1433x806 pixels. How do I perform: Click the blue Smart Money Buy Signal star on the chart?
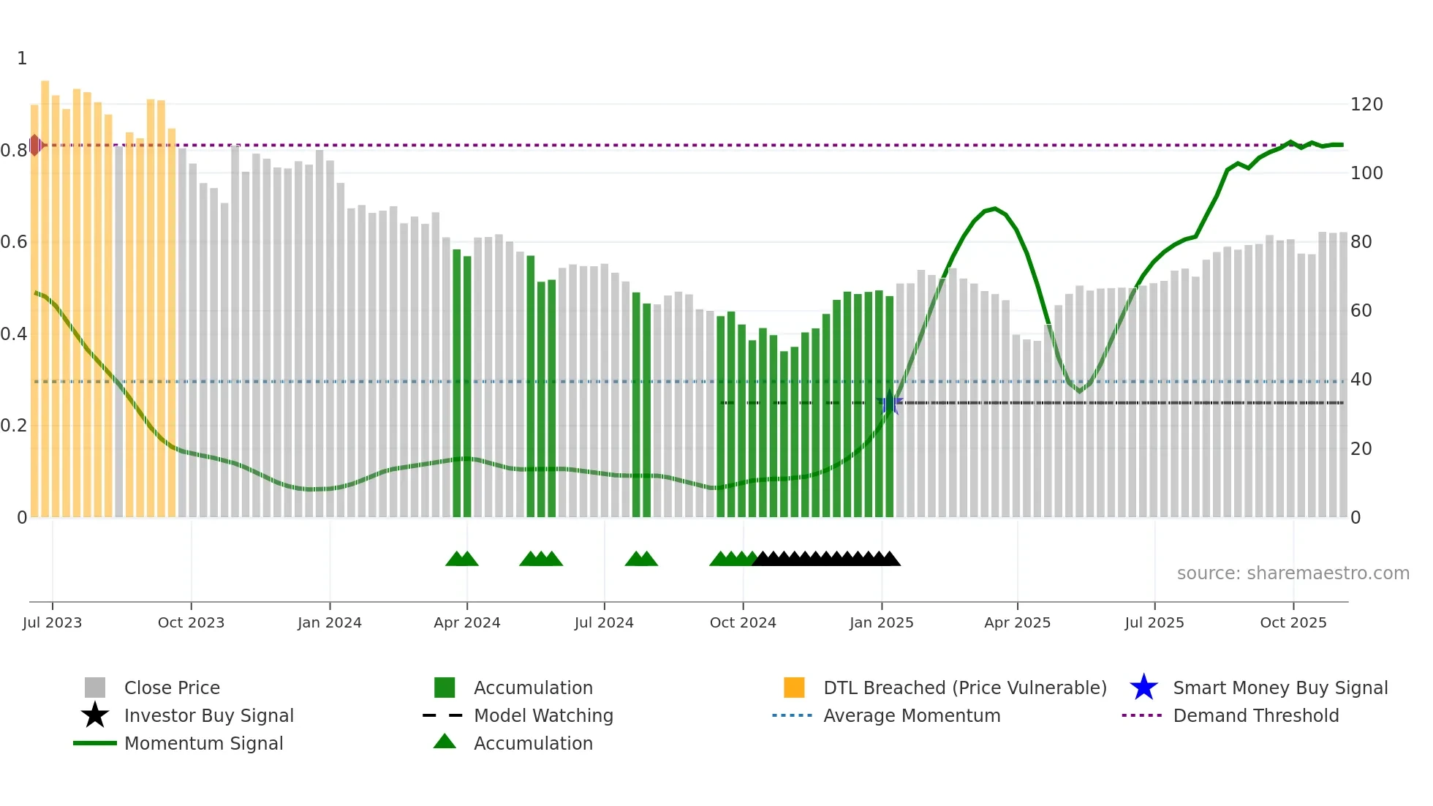click(x=890, y=402)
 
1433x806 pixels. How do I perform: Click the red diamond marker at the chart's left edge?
click(x=35, y=145)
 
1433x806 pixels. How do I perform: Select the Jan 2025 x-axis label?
click(x=881, y=622)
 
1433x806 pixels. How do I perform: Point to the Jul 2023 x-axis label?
click(x=52, y=622)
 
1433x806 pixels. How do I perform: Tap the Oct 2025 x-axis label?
click(x=1293, y=622)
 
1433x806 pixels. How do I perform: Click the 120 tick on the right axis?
click(x=1366, y=105)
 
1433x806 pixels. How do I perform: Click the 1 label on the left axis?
click(x=22, y=59)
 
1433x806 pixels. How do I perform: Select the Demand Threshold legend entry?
click(x=1255, y=715)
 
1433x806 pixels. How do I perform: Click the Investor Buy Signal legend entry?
click(x=208, y=715)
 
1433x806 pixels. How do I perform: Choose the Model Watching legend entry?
click(x=543, y=715)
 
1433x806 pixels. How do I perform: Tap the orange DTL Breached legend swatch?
click(x=794, y=688)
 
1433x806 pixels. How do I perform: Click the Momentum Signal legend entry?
click(x=203, y=743)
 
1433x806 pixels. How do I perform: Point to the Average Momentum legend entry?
click(x=911, y=715)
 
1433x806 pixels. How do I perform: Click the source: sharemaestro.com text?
click(x=1293, y=573)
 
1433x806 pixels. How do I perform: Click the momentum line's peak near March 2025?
click(x=994, y=209)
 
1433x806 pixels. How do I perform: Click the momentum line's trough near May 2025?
click(x=1079, y=391)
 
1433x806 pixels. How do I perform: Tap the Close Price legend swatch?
click(x=95, y=688)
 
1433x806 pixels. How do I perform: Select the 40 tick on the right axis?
click(x=1361, y=380)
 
